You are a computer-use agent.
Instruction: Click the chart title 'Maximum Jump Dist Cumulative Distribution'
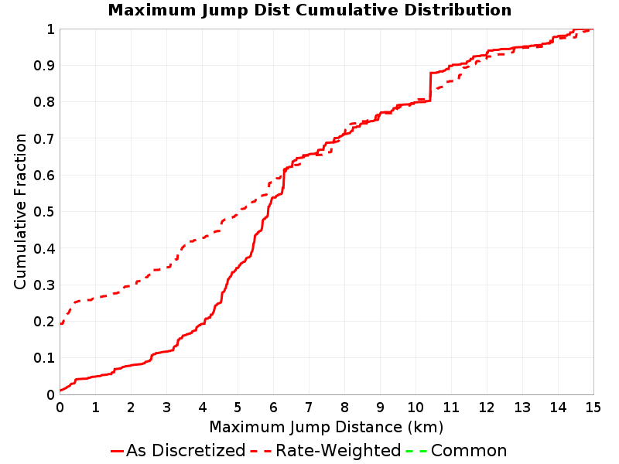(309, 10)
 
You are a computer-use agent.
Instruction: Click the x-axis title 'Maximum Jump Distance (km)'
(326, 427)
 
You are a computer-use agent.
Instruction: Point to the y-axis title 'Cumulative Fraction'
(20, 211)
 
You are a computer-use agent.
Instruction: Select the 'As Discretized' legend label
(186, 451)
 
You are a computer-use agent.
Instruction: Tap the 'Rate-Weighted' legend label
(338, 451)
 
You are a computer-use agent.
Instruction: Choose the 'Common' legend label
(469, 451)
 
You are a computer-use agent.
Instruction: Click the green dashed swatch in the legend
(416, 451)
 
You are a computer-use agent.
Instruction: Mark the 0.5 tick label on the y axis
(44, 211)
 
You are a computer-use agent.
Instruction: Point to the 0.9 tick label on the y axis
(44, 65)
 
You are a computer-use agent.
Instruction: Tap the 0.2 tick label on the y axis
(44, 321)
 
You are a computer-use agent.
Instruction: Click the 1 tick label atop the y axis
(50, 29)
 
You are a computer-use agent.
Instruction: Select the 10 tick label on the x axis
(416, 407)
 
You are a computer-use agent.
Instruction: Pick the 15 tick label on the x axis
(593, 407)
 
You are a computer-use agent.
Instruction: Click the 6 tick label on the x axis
(273, 407)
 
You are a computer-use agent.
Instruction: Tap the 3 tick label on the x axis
(166, 407)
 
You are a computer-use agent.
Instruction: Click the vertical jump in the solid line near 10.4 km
(430, 87)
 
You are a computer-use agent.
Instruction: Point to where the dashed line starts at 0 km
(60, 324)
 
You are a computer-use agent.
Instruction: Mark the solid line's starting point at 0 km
(60, 391)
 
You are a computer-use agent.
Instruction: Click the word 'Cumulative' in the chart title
(347, 10)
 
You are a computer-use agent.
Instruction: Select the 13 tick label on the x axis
(522, 407)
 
